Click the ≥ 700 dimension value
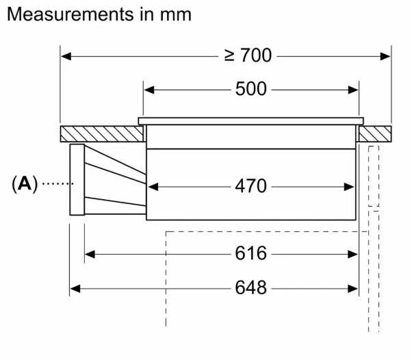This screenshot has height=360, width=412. (248, 55)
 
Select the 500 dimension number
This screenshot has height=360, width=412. (251, 89)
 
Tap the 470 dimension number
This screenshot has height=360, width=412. (250, 186)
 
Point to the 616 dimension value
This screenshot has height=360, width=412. (250, 253)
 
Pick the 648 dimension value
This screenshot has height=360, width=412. (250, 287)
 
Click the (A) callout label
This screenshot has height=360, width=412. (25, 184)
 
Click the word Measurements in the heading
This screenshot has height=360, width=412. (70, 14)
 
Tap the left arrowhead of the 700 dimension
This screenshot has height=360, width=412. (66, 56)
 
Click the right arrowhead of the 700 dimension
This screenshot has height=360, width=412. (385, 56)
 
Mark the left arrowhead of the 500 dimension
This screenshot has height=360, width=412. (149, 90)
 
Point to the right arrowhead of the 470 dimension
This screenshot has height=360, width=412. (349, 187)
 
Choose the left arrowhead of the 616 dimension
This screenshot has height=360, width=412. (90, 255)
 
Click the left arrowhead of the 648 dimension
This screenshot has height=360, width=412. (75, 289)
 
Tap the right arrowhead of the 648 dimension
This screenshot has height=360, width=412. (352, 289)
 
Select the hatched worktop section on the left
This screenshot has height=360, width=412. (102, 134)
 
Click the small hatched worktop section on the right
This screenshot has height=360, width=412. (375, 134)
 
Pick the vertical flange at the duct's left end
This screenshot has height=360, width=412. (77, 180)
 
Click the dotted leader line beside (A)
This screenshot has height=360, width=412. (57, 183)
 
